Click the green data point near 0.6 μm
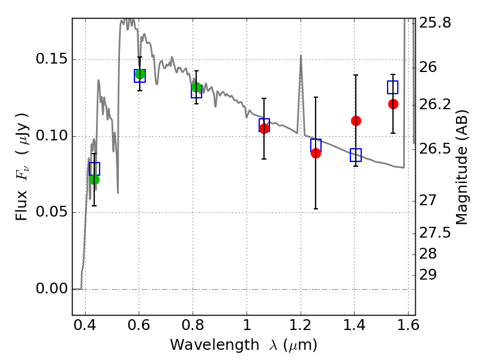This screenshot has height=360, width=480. [x=140, y=74]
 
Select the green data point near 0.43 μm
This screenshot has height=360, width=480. [x=94, y=179]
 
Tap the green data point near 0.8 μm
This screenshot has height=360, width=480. [x=196, y=88]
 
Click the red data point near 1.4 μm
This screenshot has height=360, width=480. [x=356, y=121]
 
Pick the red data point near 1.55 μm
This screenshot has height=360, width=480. [x=393, y=104]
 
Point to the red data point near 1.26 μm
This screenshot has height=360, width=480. [x=316, y=153]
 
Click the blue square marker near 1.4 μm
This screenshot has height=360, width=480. [x=356, y=155]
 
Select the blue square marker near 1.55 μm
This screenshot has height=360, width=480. [x=393, y=87]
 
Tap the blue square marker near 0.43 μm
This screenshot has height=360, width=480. [x=94, y=169]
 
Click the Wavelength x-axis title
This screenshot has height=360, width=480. [x=244, y=345]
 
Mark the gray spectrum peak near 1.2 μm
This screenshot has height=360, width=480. [x=301, y=56]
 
